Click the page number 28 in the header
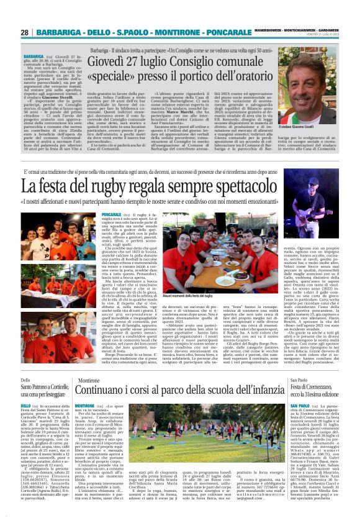click(25, 32)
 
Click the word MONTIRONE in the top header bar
click(181, 32)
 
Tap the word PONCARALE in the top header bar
click(229, 32)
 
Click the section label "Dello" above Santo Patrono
click(25, 380)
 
